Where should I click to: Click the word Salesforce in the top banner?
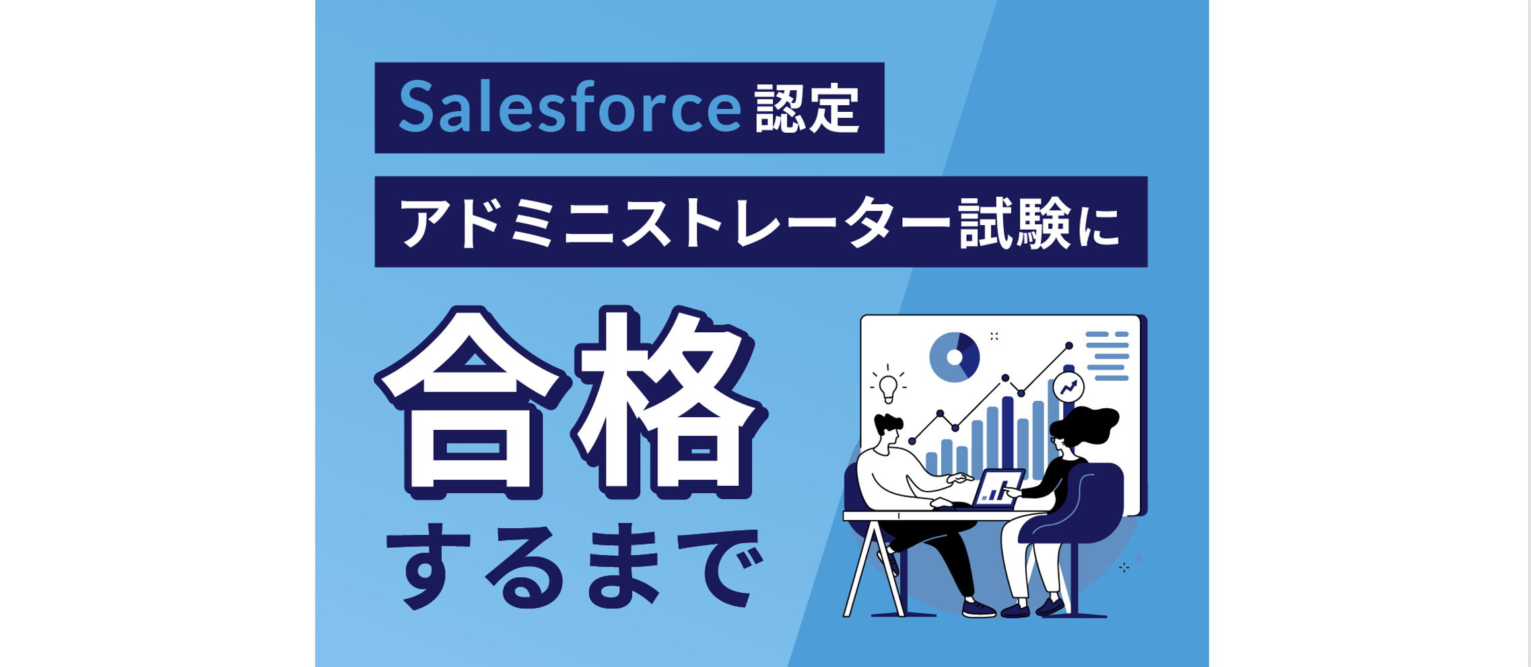click(x=570, y=106)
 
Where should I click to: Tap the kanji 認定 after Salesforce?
click(x=807, y=108)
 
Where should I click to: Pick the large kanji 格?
click(x=669, y=403)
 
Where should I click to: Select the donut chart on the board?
click(x=954, y=357)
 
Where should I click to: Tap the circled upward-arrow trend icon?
click(x=1068, y=387)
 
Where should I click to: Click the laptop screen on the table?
click(x=997, y=488)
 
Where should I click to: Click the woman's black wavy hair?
click(x=1084, y=426)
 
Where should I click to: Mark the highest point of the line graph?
click(x=1068, y=346)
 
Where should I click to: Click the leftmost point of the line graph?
click(x=912, y=441)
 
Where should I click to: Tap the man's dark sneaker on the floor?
click(x=978, y=609)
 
